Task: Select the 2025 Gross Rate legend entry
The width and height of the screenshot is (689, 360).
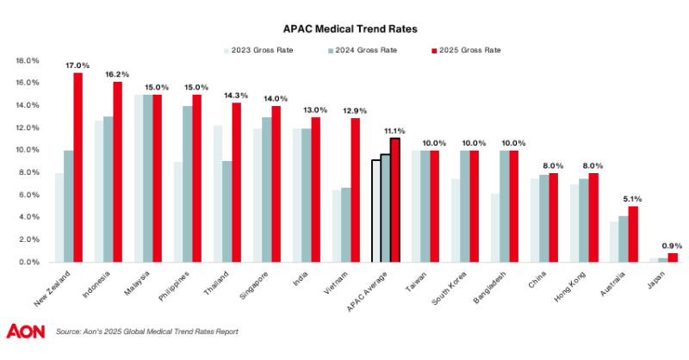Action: pyautogui.click(x=469, y=50)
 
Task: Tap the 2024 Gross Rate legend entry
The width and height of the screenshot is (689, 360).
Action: pyautogui.click(x=365, y=50)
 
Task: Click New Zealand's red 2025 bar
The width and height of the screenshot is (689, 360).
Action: pyautogui.click(x=78, y=167)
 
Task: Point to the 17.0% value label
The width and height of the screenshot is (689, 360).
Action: pyautogui.click(x=78, y=65)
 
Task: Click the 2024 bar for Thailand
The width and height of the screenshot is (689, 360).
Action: pyautogui.click(x=227, y=211)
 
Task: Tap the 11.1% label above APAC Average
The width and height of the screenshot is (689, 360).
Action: pyautogui.click(x=395, y=130)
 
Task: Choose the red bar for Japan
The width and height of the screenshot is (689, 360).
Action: pyautogui.click(x=673, y=257)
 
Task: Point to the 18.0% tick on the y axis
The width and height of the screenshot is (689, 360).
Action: pyautogui.click(x=28, y=61)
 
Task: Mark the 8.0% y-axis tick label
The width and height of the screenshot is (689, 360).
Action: pyautogui.click(x=28, y=172)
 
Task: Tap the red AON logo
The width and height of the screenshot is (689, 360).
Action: pyautogui.click(x=26, y=332)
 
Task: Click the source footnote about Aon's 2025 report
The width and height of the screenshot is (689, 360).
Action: pyautogui.click(x=146, y=332)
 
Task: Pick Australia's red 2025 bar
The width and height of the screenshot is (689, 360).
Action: pyautogui.click(x=633, y=233)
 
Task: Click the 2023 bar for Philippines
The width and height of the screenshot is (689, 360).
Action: pyautogui.click(x=177, y=212)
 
